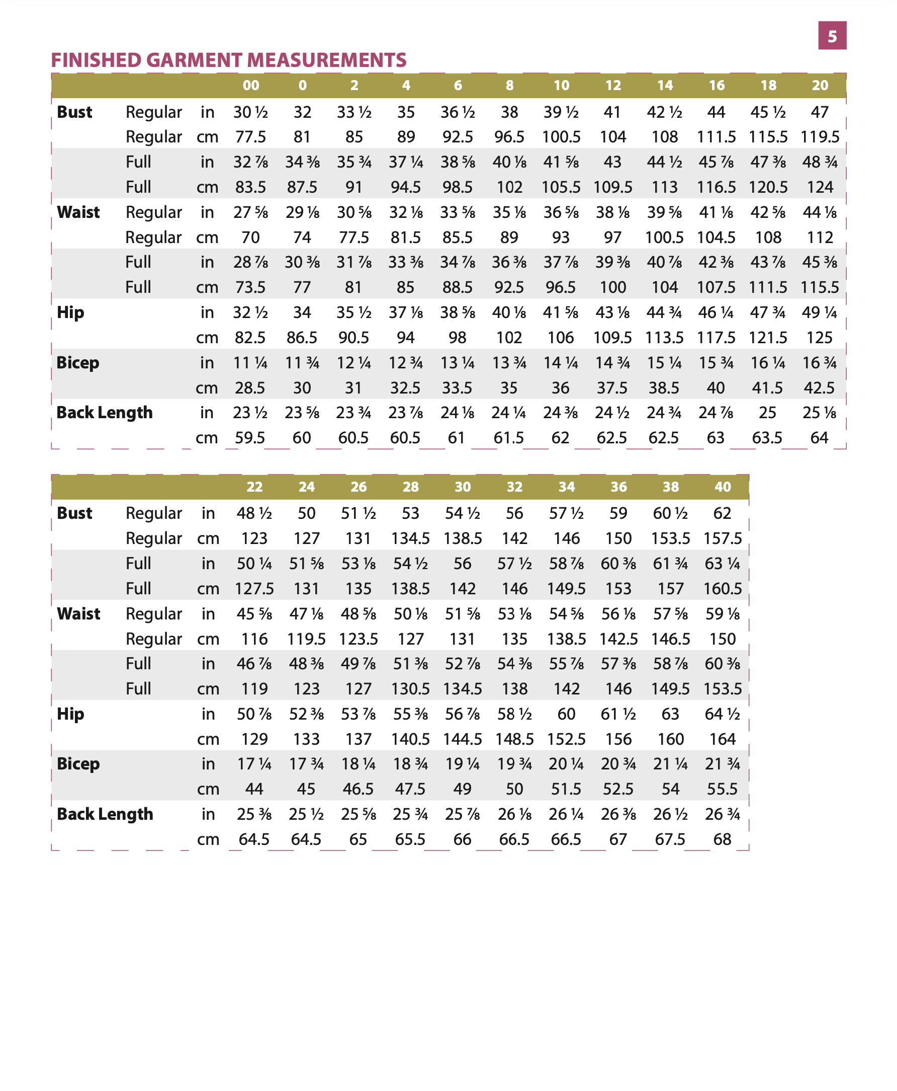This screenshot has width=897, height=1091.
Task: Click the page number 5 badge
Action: point(832,36)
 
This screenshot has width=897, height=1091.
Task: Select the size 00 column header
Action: point(250,86)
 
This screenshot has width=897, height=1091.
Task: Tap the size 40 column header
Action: point(723,487)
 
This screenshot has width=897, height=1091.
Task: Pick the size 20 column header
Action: point(820,86)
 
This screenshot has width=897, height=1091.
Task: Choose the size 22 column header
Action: point(254,487)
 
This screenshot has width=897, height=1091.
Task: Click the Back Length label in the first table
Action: point(105,413)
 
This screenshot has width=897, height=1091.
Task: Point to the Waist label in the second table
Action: point(78,614)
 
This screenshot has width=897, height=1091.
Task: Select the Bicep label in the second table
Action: point(78,764)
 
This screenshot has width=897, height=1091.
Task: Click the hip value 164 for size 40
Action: point(723,739)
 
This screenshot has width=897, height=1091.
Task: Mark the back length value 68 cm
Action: point(723,839)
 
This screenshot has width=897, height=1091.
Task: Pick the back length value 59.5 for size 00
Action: point(250,438)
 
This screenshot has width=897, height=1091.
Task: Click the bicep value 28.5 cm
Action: point(250,388)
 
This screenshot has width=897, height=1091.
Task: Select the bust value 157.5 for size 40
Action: point(723,538)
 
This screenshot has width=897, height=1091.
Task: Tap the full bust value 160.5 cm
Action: point(723,588)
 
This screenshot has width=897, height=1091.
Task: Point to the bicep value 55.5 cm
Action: point(723,789)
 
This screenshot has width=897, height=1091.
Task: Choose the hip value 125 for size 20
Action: point(820,338)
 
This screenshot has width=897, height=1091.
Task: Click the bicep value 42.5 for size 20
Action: point(820,388)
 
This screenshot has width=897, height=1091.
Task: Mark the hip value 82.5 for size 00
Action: point(250,338)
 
